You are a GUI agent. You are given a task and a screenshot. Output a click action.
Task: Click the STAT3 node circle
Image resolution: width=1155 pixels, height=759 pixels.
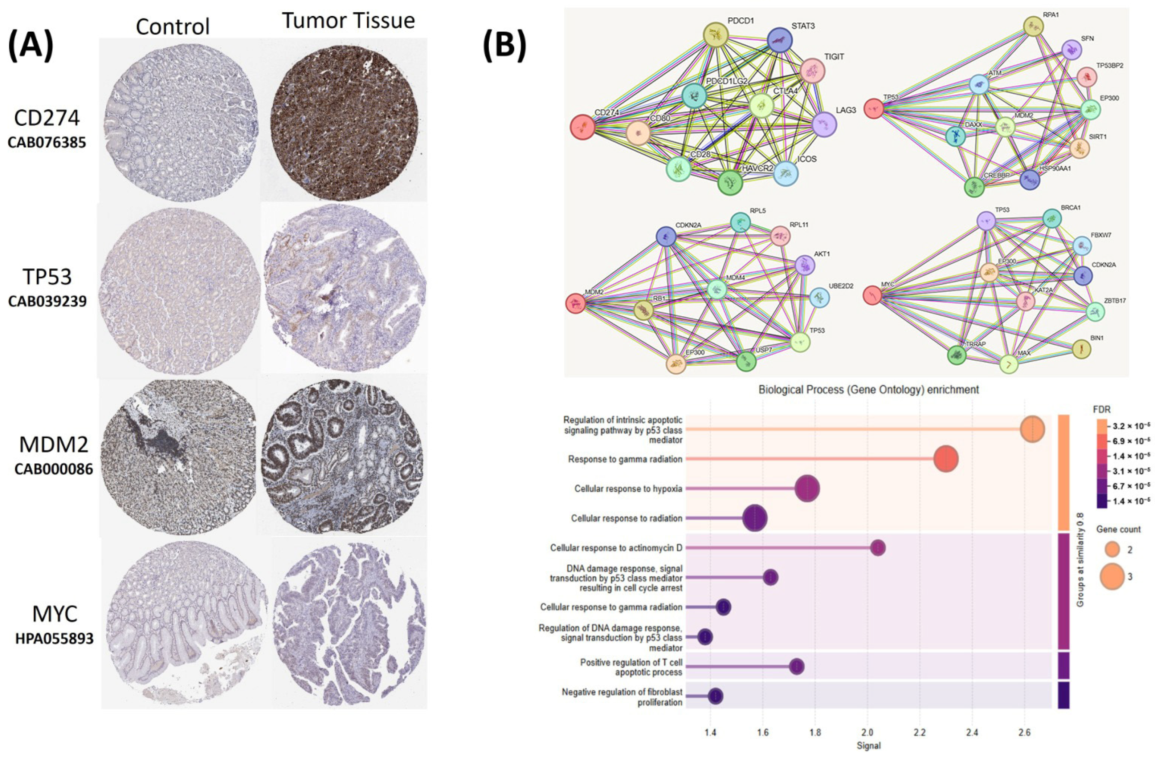click(x=780, y=40)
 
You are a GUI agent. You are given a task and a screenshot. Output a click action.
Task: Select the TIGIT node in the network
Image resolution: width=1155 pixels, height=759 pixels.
click(x=812, y=72)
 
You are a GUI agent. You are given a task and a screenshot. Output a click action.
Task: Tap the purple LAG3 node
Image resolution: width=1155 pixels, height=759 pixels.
click(x=824, y=124)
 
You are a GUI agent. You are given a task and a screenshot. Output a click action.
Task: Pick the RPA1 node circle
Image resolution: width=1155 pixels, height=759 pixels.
click(x=1033, y=27)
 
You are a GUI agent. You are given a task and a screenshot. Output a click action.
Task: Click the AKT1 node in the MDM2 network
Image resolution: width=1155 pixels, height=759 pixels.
click(x=805, y=265)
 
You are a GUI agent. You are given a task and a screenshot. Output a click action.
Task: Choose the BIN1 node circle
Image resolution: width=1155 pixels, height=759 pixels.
click(x=1081, y=349)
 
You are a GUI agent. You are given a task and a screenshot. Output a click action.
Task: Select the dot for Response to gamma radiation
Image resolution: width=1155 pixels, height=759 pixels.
click(x=946, y=459)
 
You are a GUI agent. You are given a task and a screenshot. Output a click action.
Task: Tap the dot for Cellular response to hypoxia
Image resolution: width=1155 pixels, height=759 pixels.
click(x=808, y=488)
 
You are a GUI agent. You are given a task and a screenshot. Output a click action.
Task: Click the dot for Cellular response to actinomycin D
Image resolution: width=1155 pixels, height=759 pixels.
click(x=878, y=548)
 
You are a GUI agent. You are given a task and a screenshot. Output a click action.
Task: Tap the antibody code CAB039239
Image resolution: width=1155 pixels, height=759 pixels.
click(x=47, y=301)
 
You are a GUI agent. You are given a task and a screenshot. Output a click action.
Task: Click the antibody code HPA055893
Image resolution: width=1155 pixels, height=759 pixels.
click(x=54, y=638)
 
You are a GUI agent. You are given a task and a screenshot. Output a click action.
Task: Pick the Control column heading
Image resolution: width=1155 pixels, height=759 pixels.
click(x=173, y=26)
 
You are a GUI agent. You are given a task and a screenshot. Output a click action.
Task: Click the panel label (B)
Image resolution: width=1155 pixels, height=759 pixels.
click(x=504, y=47)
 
